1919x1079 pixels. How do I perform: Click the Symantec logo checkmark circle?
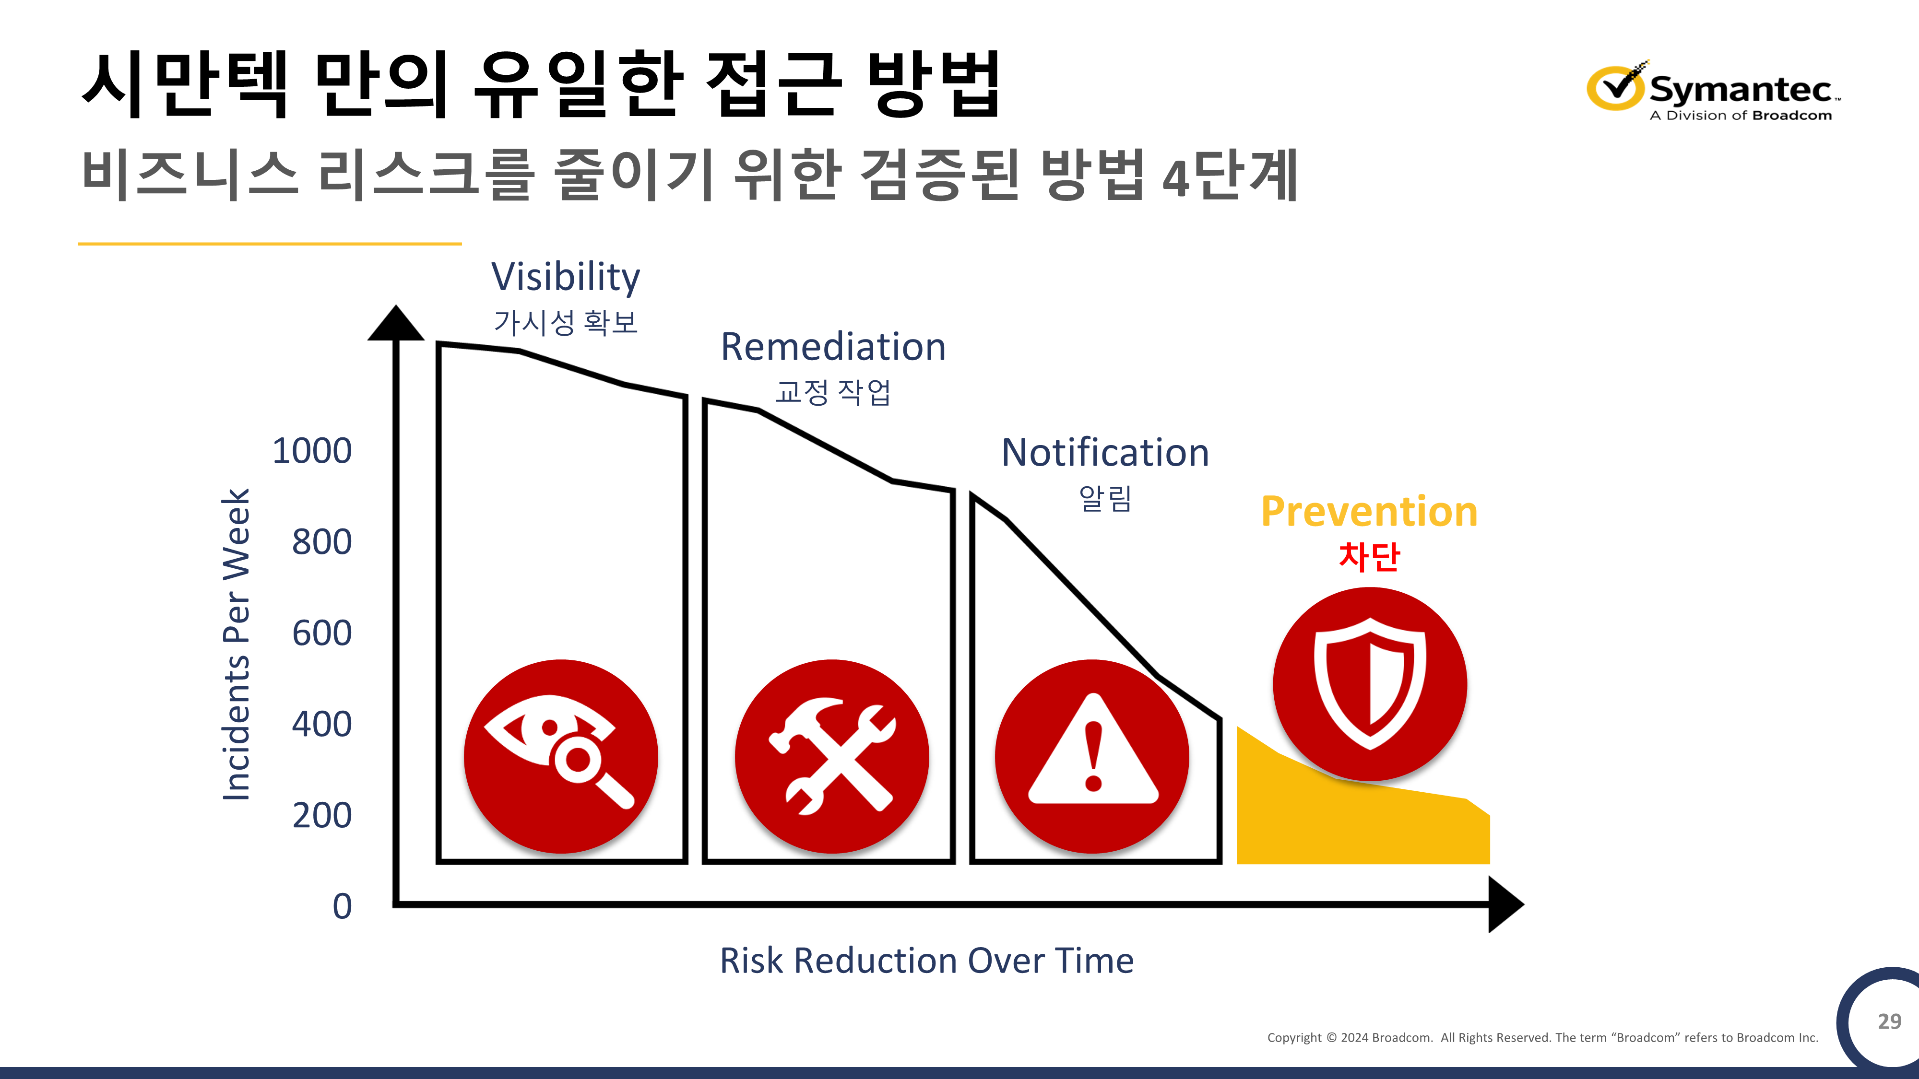(x=1615, y=87)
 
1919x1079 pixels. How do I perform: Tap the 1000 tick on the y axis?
(x=312, y=450)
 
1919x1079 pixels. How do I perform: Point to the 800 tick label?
(x=322, y=541)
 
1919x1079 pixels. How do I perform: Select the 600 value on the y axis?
(x=322, y=633)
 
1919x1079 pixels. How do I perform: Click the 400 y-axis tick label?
(x=322, y=724)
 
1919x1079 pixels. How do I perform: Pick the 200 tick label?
(x=322, y=815)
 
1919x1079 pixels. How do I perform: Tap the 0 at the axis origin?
(x=342, y=906)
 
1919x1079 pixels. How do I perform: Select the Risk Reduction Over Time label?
(x=927, y=961)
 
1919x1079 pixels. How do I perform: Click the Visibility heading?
(x=566, y=277)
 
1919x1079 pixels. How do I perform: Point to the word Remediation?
(x=833, y=347)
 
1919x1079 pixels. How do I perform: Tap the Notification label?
(x=1105, y=453)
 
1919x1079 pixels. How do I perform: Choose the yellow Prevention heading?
(x=1369, y=512)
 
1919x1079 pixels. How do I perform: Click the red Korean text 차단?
(x=1369, y=556)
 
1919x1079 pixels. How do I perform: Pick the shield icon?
(x=1370, y=683)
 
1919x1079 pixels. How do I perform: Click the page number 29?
(x=1889, y=1021)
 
